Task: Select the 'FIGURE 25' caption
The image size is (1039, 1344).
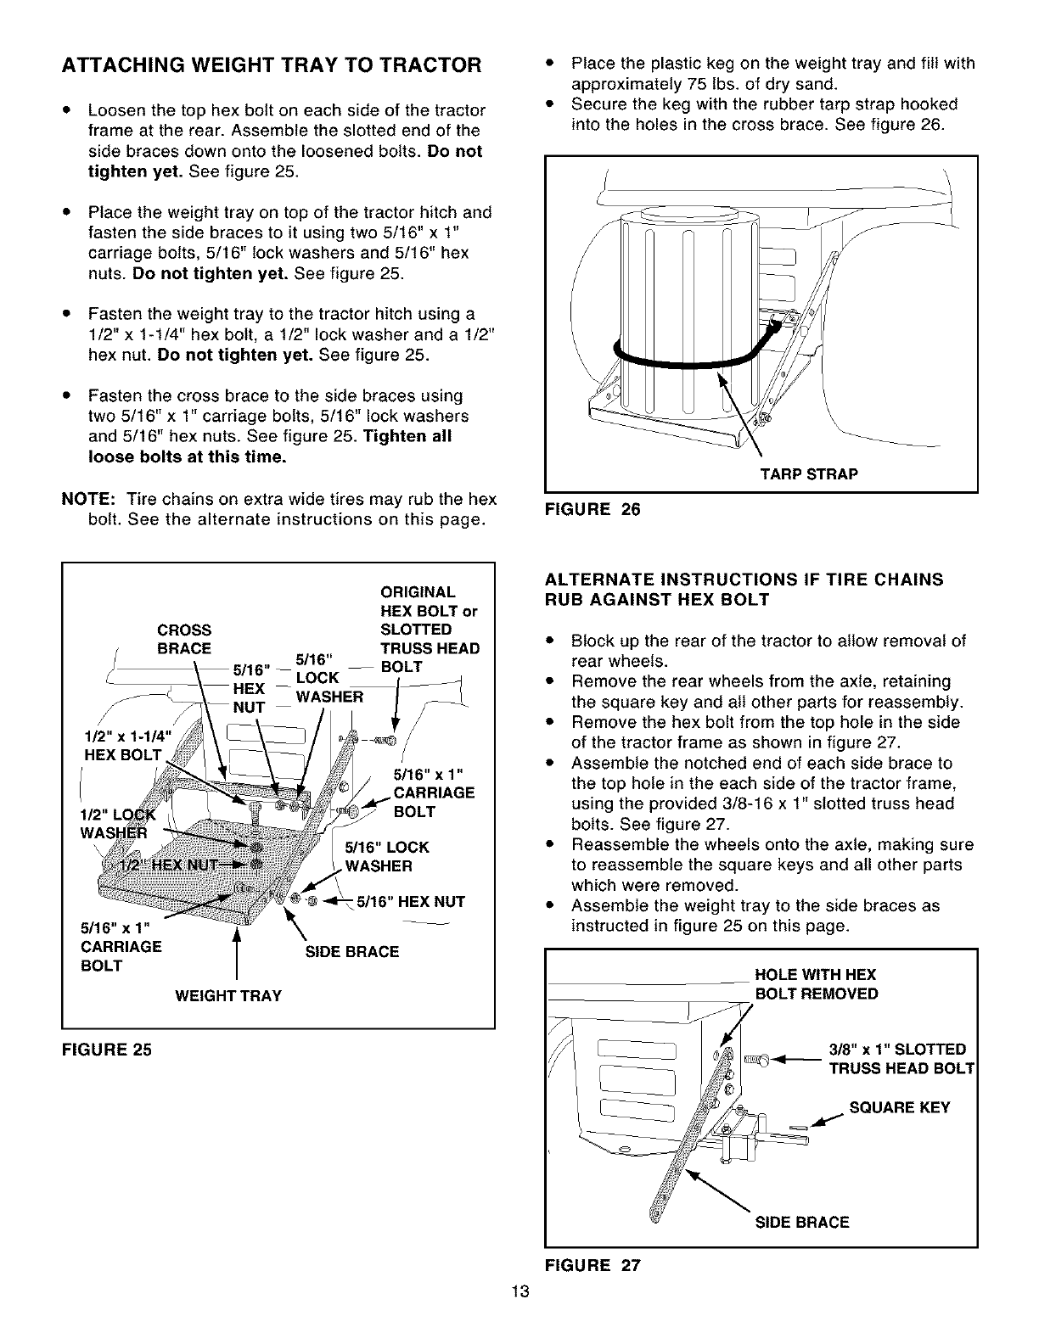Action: (x=106, y=1050)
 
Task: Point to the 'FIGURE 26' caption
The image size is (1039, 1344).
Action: (x=593, y=509)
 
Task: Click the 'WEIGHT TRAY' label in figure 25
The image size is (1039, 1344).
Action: (x=227, y=995)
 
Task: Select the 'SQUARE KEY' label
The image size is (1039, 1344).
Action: (x=901, y=1107)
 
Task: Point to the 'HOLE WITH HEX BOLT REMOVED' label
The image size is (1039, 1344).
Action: (x=816, y=984)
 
